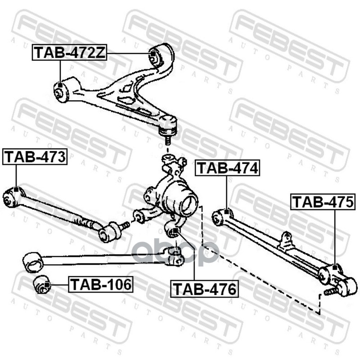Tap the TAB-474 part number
[x=227, y=168]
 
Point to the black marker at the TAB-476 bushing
[x=176, y=232]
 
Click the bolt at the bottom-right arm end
[x=330, y=292]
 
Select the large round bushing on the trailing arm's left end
[x=32, y=262]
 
